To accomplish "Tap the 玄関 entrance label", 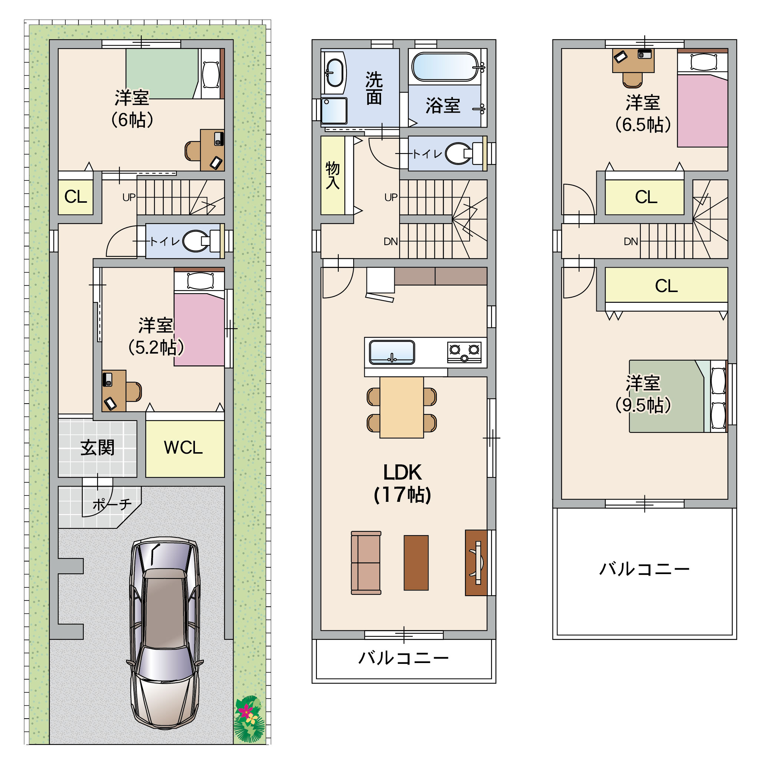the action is point(97,448).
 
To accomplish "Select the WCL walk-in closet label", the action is point(183,448).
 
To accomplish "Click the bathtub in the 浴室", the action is point(445,67).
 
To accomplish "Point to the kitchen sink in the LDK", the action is point(392,352).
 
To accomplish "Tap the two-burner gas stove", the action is point(464,352).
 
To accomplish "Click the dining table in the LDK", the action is point(401,407).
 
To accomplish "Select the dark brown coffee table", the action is point(416,563).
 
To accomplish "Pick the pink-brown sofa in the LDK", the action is point(366,563).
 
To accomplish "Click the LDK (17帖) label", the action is point(402,484).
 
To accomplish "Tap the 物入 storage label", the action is point(332,176).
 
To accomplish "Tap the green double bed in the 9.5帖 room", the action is point(677,396).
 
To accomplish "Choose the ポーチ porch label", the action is point(112,504).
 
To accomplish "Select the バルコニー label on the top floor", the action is point(645,569).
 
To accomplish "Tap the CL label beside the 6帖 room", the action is point(75,196).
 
